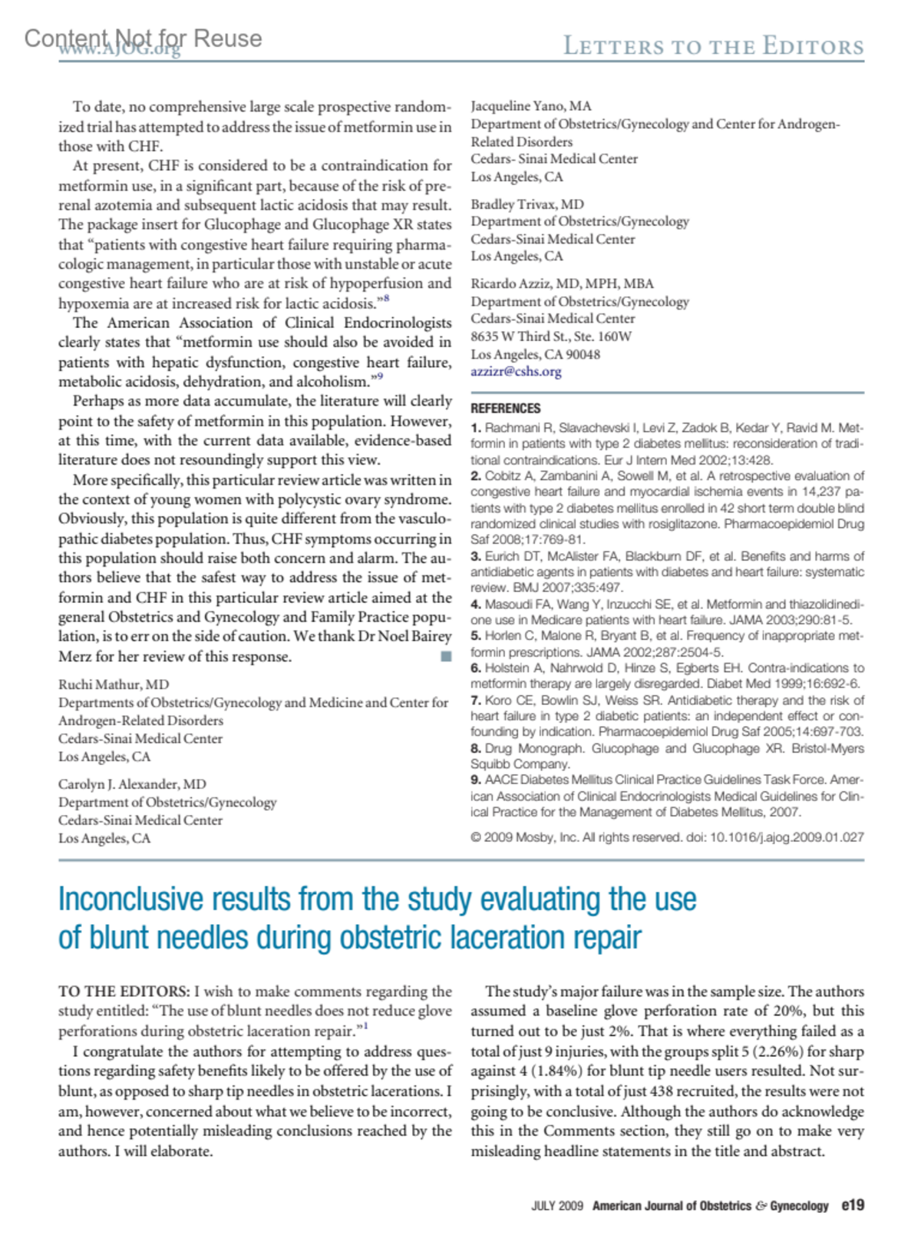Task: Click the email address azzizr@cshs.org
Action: click(x=516, y=372)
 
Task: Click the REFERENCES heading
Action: click(x=505, y=409)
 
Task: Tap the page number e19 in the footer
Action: click(x=852, y=1205)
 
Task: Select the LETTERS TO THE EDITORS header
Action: click(x=714, y=46)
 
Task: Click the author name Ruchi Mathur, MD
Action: click(x=114, y=684)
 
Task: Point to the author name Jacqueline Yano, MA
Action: click(x=530, y=106)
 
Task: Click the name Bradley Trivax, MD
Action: click(x=527, y=204)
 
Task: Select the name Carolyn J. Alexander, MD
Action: click(x=132, y=784)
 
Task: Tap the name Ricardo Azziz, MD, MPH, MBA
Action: click(x=562, y=283)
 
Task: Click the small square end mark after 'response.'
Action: click(x=446, y=657)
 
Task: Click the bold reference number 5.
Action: click(x=476, y=636)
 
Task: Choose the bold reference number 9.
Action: click(x=476, y=780)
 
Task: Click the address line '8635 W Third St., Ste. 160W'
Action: click(x=551, y=336)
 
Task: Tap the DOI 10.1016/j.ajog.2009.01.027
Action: click(x=787, y=837)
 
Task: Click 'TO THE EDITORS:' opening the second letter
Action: click(x=124, y=992)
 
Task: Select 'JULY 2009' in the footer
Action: click(x=557, y=1206)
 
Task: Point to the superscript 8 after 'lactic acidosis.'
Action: click(x=386, y=298)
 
